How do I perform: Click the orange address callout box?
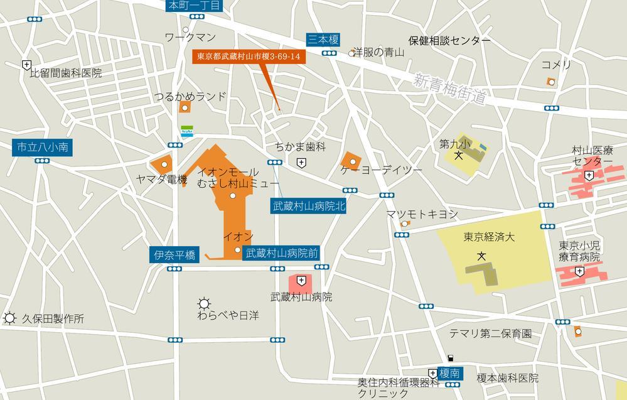tap(249, 56)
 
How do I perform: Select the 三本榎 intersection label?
tap(323, 40)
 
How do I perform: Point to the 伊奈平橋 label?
tap(174, 255)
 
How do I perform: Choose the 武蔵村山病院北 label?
tap(309, 205)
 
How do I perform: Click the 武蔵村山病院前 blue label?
tap(282, 254)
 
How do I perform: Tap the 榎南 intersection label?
tap(450, 373)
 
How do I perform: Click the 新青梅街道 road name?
tap(451, 90)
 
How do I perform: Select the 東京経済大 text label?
tap(489, 237)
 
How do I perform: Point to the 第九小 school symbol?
tap(459, 155)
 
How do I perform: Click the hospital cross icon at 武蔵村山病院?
tap(302, 280)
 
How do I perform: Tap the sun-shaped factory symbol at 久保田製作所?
tap(9, 318)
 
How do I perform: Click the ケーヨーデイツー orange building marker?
tap(353, 162)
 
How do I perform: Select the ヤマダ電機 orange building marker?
tap(164, 165)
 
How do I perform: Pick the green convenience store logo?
tap(187, 131)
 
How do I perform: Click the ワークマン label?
tap(190, 38)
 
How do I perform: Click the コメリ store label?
tap(556, 65)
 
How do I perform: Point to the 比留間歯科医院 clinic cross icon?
tap(26, 64)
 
